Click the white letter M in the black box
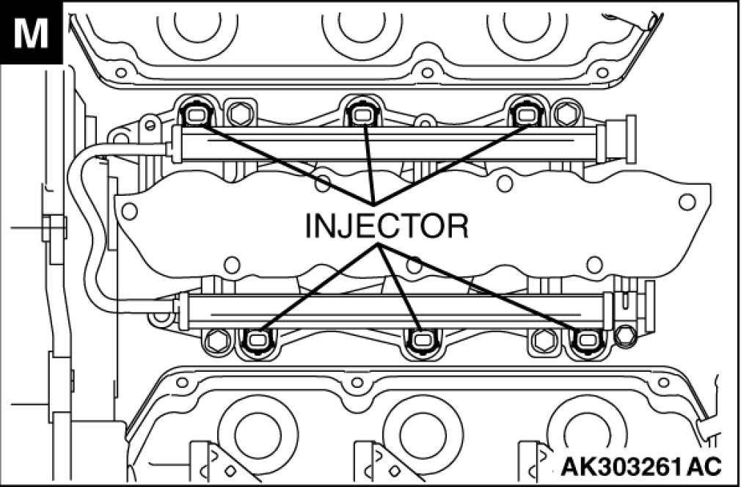32,33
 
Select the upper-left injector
195,114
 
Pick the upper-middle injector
361,114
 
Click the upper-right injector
526,114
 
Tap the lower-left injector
257,340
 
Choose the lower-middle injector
421,340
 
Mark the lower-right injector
587,340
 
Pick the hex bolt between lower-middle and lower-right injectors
544,340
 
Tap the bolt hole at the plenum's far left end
129,211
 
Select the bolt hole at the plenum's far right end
687,201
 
